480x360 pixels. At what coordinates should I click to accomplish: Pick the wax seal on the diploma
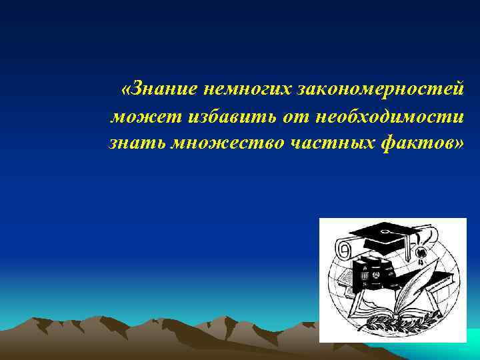421,254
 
